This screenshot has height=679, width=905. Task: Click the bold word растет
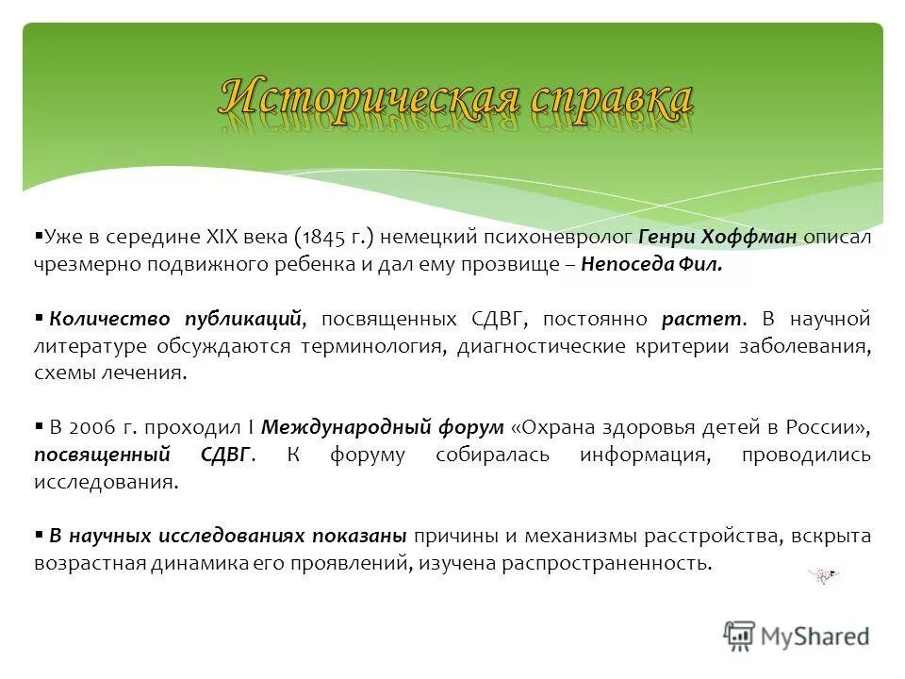coord(703,319)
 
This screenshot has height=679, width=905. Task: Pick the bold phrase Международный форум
coord(382,427)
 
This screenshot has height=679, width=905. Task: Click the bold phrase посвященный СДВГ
coord(144,455)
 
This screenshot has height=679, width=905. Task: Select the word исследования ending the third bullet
coord(106,482)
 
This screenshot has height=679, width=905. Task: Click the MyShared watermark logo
coord(796,636)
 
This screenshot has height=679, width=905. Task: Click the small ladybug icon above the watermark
coord(825,576)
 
